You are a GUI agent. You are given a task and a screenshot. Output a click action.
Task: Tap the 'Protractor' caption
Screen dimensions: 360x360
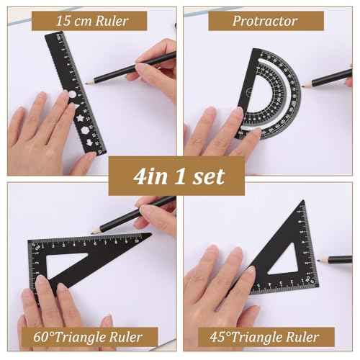265,21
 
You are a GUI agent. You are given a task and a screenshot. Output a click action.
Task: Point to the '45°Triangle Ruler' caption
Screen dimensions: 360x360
272,336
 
